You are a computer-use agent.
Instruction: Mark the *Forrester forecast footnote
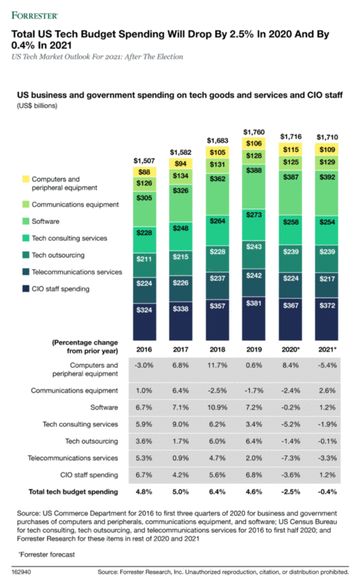pyautogui.click(x=43, y=553)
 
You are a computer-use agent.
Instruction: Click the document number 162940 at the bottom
pyautogui.click(x=22, y=572)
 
